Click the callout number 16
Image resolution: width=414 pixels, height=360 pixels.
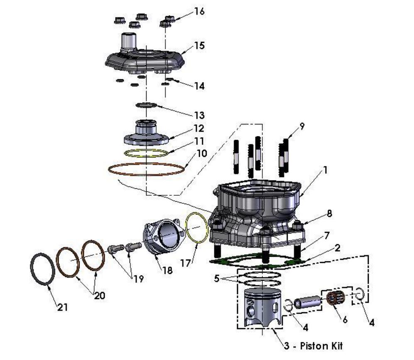point(199,11)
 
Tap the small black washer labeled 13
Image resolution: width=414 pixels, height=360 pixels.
point(146,105)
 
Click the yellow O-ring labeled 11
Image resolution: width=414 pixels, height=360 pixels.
point(147,153)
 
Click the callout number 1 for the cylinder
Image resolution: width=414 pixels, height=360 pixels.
point(326,170)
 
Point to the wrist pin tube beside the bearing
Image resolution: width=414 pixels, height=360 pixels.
point(307,301)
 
